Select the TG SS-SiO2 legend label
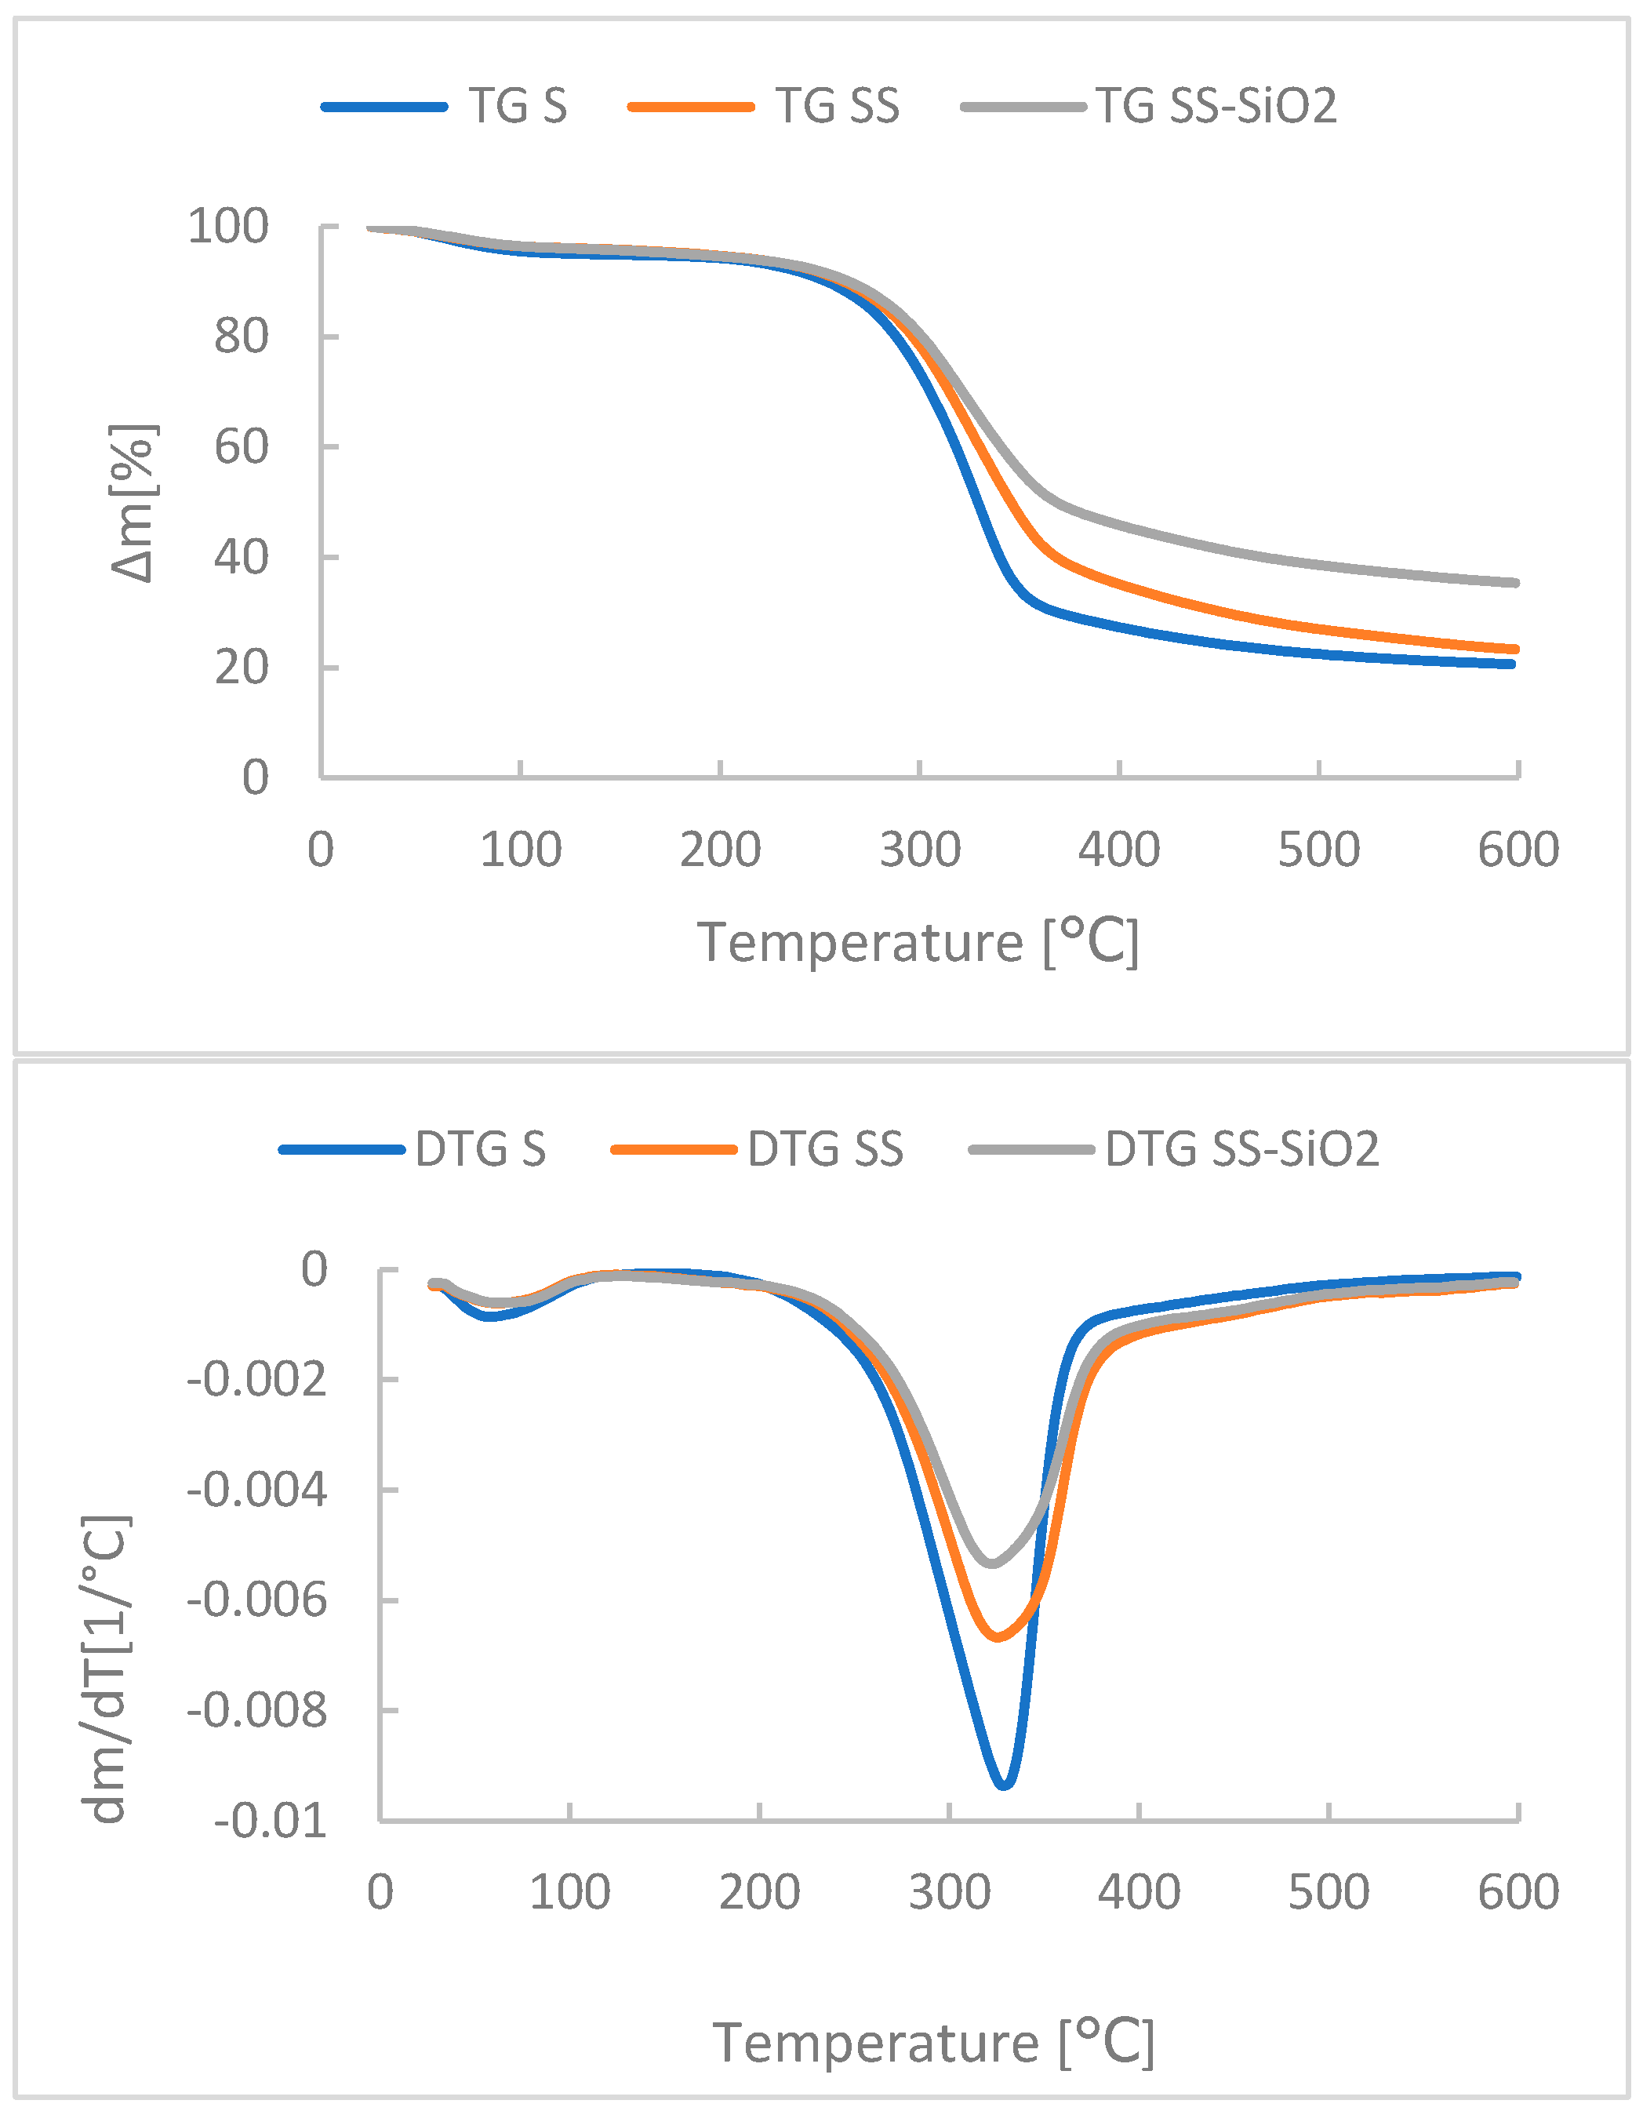click(x=1216, y=107)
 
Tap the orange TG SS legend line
click(x=690, y=107)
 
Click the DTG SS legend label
click(x=824, y=1149)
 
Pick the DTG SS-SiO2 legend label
click(x=1242, y=1149)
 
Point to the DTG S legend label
click(x=480, y=1149)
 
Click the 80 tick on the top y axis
click(x=241, y=337)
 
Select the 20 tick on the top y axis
click(x=241, y=667)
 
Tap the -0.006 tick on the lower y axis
click(x=257, y=1600)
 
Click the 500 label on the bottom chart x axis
click(x=1329, y=1891)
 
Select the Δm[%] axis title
click(x=133, y=503)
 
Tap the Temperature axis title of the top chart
click(x=918, y=942)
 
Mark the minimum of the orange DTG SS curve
click(x=998, y=1637)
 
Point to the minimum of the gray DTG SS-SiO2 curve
click(x=991, y=1563)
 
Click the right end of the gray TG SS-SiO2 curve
click(x=1514, y=583)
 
